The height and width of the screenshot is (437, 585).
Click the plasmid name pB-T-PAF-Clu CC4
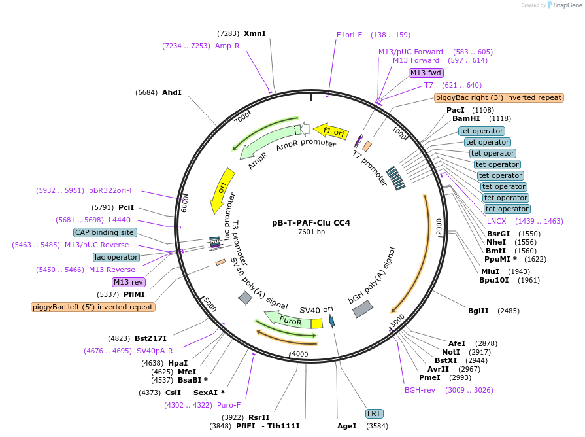(310, 222)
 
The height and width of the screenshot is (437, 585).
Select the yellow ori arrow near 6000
(222, 190)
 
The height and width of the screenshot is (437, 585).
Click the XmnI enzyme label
(255, 33)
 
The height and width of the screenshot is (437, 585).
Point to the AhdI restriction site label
(172, 93)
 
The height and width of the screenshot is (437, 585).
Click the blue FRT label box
(374, 413)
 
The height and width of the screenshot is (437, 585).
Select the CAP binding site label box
(105, 232)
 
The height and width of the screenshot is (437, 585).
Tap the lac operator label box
(116, 257)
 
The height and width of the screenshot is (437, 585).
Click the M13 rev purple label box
(128, 282)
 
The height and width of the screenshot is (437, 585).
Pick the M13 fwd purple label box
(426, 73)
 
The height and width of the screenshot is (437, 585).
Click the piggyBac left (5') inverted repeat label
(93, 307)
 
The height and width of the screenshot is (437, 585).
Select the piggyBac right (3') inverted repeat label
(498, 97)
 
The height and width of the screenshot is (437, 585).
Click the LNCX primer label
(497, 221)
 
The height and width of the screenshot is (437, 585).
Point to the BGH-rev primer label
(420, 390)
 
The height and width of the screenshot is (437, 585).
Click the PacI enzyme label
(456, 110)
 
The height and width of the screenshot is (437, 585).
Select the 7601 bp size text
(310, 232)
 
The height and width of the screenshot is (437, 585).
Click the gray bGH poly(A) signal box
(363, 309)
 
